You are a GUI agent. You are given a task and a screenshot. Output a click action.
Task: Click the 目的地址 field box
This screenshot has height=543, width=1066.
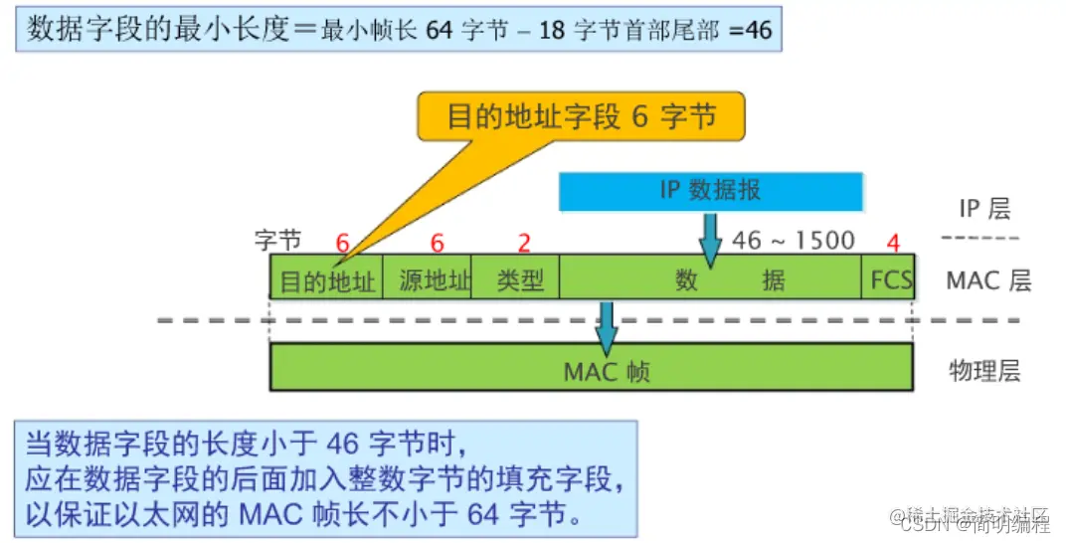327,280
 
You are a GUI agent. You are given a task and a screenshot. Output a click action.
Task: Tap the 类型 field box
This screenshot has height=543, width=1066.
520,280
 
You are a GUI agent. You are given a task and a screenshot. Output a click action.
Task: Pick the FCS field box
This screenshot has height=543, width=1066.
890,280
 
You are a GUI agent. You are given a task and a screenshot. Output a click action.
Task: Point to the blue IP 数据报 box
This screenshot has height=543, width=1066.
710,190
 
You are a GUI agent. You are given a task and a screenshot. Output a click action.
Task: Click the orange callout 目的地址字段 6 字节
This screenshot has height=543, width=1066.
582,116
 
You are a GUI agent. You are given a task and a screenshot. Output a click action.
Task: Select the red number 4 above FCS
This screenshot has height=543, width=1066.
893,242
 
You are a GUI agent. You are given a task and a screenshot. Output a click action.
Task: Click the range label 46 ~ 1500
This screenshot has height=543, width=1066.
794,241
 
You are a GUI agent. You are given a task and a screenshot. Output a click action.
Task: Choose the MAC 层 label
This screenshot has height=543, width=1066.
987,280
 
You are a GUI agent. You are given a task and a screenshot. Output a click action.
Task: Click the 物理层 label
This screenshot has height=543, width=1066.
984,371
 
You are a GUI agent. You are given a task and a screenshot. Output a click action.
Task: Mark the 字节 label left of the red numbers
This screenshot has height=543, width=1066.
277,242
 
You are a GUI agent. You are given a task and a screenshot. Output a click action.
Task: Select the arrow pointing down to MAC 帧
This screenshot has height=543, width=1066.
607,323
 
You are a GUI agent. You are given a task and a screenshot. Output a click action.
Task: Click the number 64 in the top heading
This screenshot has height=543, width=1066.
439,30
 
